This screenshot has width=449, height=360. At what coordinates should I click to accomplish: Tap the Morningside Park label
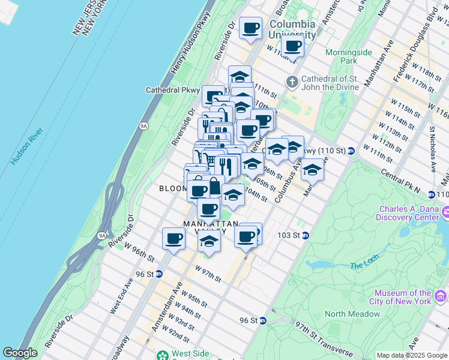[349, 56]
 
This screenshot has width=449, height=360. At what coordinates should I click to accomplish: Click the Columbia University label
[292, 29]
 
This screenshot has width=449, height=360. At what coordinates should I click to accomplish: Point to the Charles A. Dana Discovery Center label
[408, 214]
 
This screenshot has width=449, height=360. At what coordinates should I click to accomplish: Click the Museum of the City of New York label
[400, 296]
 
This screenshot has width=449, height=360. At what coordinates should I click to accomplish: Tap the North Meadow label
[352, 314]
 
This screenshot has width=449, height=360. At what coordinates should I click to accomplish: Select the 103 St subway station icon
[306, 235]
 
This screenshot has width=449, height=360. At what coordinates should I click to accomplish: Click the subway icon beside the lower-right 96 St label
[263, 321]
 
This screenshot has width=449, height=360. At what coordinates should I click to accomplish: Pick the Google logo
[20, 353]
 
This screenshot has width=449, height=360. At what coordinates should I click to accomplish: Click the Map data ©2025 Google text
[412, 355]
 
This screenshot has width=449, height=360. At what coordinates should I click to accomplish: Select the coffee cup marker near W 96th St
[173, 239]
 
